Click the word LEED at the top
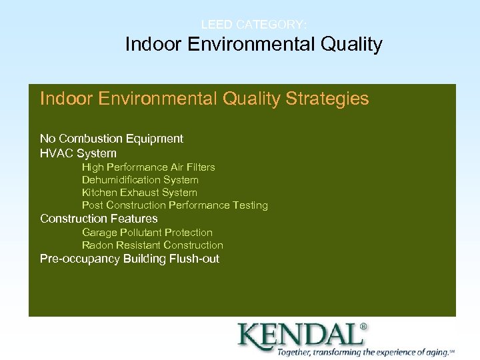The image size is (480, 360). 215,25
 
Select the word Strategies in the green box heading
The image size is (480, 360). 327,99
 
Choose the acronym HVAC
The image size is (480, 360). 55,153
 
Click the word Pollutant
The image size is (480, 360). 141,233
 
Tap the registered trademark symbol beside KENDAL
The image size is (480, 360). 363,327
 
